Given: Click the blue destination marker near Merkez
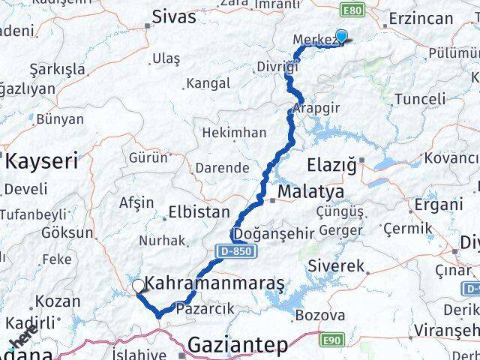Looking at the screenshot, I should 341,35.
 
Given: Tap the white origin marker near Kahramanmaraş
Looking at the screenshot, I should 138,285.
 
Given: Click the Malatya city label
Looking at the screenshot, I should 310,193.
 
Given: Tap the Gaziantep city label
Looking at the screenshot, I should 238,346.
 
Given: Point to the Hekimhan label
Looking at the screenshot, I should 235,132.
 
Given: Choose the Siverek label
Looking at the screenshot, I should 336,265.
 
